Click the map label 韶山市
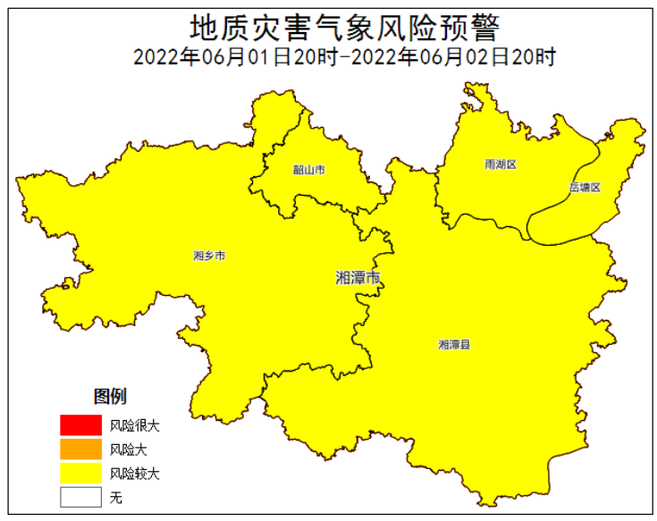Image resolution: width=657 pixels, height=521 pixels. click(x=308, y=170)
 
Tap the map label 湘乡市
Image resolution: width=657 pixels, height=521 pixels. click(x=209, y=256)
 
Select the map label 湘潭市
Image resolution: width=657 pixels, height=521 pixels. click(x=358, y=278)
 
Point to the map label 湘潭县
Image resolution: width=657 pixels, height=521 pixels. click(x=454, y=343)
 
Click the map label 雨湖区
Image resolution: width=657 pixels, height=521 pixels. click(x=501, y=164)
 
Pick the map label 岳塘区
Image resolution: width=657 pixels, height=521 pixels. click(x=585, y=188)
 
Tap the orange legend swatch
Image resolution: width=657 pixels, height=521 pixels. click(x=80, y=449)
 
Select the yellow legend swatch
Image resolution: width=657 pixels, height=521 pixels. click(x=80, y=473)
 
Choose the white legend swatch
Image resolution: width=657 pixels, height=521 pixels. click(x=80, y=496)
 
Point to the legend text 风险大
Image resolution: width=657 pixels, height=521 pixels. click(x=128, y=449)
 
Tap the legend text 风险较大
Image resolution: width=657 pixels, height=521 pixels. click(x=134, y=473)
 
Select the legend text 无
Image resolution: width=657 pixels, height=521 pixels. click(x=115, y=496)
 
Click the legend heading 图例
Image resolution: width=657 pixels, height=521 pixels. click(x=110, y=396)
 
